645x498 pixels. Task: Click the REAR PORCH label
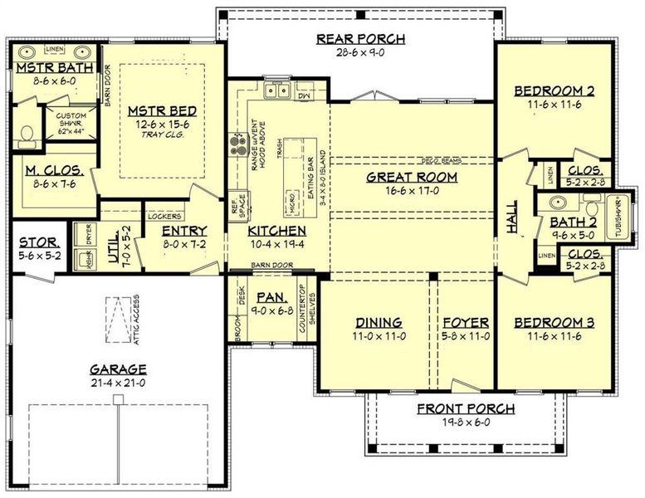(x=361, y=39)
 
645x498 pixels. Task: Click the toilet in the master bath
(x=24, y=134)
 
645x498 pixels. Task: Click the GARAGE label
(x=120, y=369)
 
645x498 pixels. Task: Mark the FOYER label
(x=465, y=323)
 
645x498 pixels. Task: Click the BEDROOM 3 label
(x=555, y=323)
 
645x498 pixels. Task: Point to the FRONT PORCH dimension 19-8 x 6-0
(x=466, y=422)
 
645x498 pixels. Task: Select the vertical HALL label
(x=513, y=217)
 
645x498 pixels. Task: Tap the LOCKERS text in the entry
(x=165, y=216)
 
